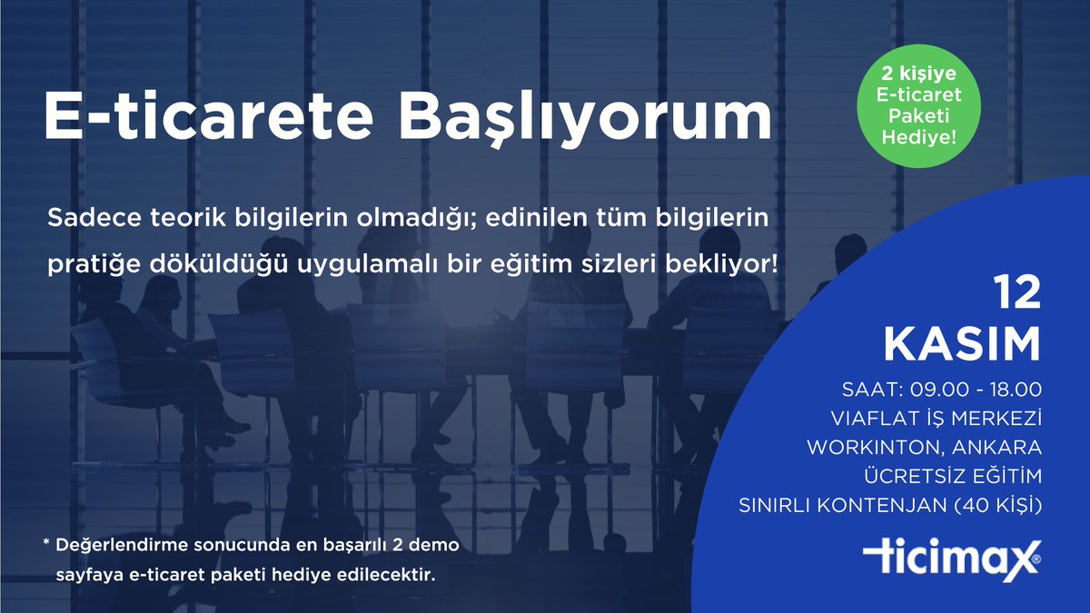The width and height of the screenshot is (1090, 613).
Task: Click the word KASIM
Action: (962, 346)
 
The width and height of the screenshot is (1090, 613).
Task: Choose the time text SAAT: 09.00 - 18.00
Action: (942, 391)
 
